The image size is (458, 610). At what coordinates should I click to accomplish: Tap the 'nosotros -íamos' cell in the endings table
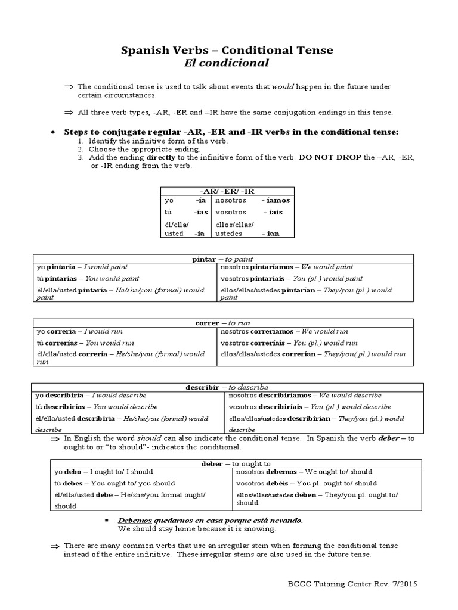point(252,201)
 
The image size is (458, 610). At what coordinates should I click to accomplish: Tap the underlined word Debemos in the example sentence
point(137,520)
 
